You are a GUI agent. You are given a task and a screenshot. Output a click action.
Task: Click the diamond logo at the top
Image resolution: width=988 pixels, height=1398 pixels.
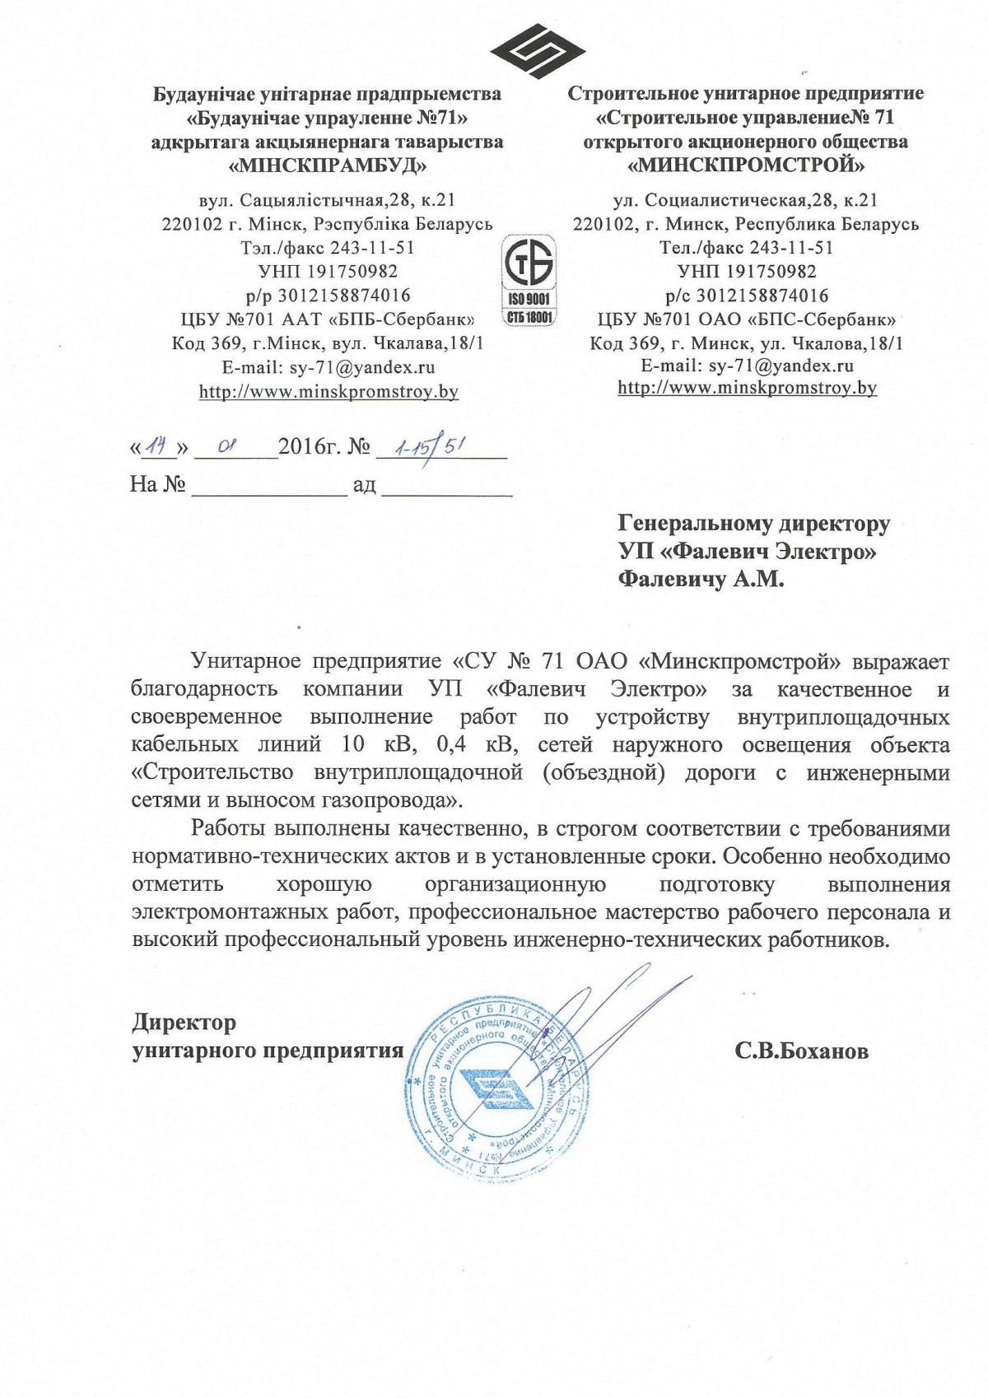[x=527, y=51]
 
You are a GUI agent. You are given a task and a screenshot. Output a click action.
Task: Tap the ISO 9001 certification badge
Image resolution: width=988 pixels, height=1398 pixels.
[x=529, y=280]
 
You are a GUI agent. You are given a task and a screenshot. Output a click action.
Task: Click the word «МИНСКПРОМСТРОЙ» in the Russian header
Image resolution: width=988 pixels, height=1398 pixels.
[x=746, y=165]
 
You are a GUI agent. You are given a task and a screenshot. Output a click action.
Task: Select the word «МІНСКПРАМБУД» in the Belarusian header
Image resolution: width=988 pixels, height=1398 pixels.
[x=328, y=165]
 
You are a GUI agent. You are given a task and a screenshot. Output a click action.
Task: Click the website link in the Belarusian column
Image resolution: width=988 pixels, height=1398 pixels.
[x=329, y=392]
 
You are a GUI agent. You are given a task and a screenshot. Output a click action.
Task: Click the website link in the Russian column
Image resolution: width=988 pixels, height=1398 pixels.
[x=747, y=388]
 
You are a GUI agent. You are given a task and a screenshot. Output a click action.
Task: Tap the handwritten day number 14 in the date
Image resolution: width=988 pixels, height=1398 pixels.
[x=160, y=447]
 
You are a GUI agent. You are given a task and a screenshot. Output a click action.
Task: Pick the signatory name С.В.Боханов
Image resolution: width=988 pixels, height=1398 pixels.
[x=802, y=1051]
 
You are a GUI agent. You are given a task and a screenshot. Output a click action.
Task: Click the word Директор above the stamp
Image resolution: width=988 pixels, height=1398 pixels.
[x=184, y=1023]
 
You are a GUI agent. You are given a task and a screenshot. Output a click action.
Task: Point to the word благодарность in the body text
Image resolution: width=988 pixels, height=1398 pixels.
[x=204, y=689]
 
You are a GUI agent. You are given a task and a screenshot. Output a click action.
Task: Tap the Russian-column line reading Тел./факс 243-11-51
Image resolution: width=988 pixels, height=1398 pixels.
[x=746, y=248]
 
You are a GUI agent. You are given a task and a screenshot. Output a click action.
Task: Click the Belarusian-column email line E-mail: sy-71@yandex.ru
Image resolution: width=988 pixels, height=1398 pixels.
[x=329, y=367]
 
